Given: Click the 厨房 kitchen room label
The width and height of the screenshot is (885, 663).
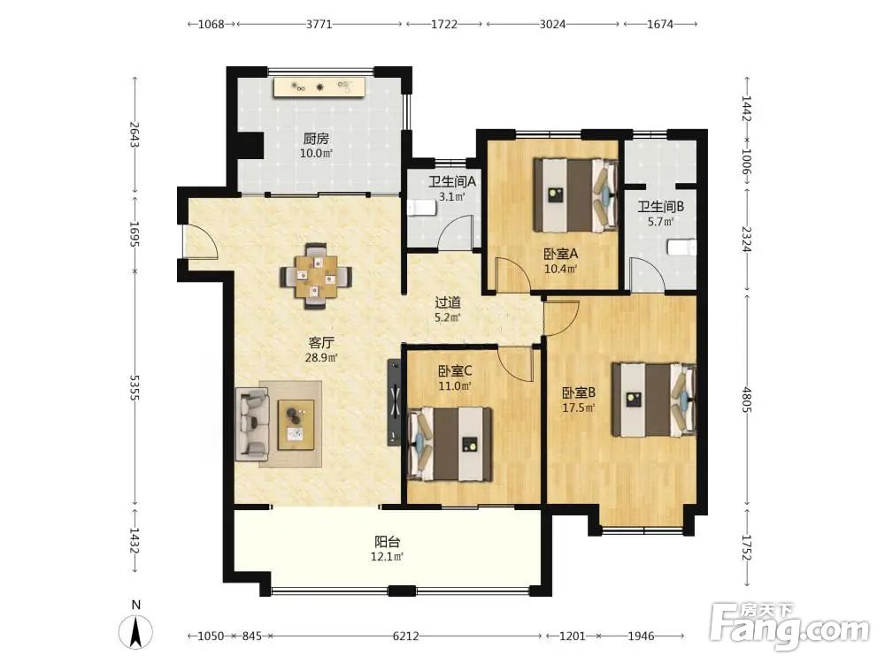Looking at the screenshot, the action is click(x=316, y=139).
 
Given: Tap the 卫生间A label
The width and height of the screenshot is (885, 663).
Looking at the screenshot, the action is click(x=452, y=181).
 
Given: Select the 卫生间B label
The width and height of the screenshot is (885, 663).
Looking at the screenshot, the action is click(x=661, y=207).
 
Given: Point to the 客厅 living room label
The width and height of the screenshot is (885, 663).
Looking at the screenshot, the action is click(x=321, y=342).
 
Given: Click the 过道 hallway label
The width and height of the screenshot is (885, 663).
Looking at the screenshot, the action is click(x=448, y=302).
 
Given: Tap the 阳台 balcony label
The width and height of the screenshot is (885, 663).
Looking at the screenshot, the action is click(x=388, y=542).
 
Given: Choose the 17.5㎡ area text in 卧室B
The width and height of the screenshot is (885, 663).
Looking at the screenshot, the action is click(x=579, y=408).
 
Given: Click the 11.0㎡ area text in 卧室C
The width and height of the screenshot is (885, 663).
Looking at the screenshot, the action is click(x=455, y=386).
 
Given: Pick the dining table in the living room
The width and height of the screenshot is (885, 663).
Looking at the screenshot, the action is click(x=316, y=276).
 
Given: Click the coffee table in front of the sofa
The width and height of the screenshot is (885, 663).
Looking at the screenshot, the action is click(x=296, y=424).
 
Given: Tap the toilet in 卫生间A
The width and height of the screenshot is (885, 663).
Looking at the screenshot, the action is click(x=421, y=208).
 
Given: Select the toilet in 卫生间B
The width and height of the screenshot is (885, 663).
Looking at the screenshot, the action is click(x=681, y=247).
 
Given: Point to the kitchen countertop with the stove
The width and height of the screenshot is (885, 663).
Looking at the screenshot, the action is click(x=319, y=88).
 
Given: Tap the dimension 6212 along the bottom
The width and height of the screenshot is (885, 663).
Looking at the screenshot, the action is click(x=406, y=636).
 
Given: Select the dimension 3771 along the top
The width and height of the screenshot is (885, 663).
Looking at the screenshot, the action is click(x=319, y=24).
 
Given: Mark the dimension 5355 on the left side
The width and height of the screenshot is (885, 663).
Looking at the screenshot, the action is click(x=135, y=388).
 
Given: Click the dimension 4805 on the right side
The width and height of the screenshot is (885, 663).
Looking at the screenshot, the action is click(x=747, y=400).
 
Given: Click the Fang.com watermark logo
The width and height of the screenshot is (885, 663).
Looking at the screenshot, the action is click(x=790, y=627).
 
